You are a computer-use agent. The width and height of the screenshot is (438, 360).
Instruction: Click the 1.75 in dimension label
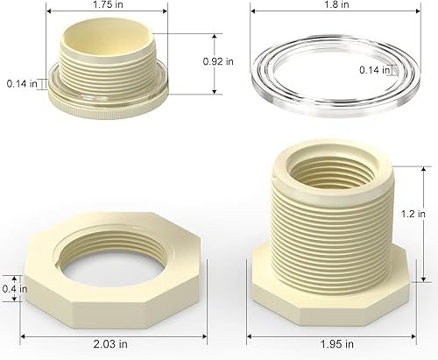107,4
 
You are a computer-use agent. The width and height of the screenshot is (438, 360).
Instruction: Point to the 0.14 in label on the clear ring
374,70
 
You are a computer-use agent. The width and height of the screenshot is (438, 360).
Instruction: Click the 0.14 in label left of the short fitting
21,84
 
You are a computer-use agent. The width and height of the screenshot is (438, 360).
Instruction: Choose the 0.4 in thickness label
11,288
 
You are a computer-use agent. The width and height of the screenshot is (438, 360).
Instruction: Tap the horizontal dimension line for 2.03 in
102,333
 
